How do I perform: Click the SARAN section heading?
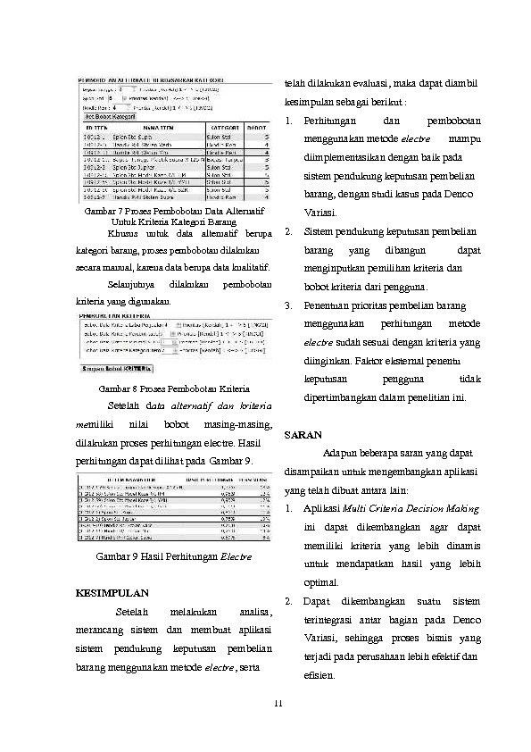[301, 435]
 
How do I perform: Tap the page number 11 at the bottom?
[278, 705]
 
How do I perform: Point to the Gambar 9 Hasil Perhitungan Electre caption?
[173, 556]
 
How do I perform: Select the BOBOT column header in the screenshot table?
[257, 128]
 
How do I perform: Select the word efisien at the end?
[319, 675]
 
